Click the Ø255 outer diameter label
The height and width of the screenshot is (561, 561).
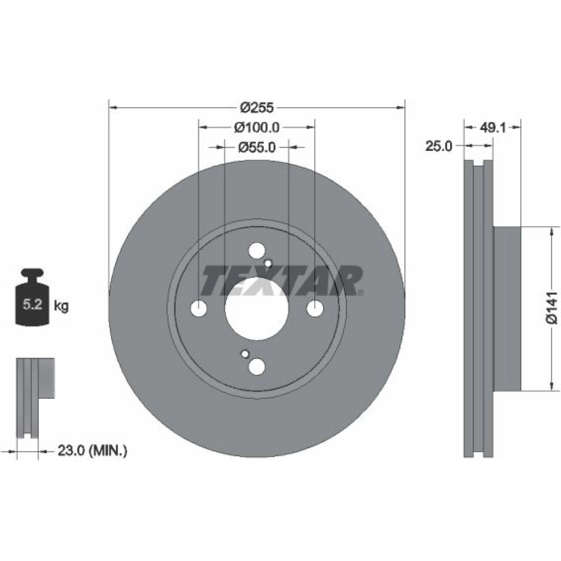pyautogui.click(x=256, y=107)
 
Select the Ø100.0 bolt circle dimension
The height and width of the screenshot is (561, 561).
pyautogui.click(x=256, y=127)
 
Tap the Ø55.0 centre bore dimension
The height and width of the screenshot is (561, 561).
pyautogui.click(x=256, y=147)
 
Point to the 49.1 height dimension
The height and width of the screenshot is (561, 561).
pyautogui.click(x=493, y=127)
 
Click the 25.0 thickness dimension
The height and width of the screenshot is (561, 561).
pyautogui.click(x=438, y=146)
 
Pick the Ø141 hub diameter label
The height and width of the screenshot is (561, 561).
pyautogui.click(x=552, y=308)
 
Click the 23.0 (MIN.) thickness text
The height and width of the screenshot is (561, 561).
pyautogui.click(x=93, y=450)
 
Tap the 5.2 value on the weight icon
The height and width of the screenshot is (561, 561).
pyautogui.click(x=33, y=305)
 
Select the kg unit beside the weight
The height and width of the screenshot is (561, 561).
pyautogui.click(x=61, y=306)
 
